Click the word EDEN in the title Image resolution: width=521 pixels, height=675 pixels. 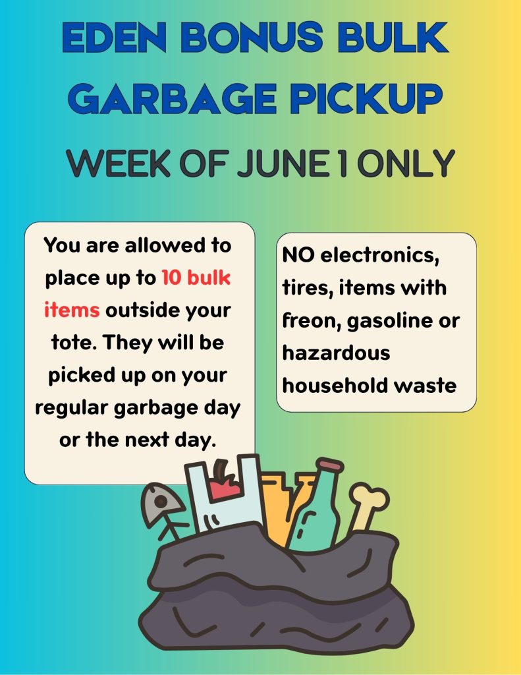(x=115, y=37)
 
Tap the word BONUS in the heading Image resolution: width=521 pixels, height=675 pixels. (x=252, y=37)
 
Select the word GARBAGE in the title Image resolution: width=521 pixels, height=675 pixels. (x=172, y=99)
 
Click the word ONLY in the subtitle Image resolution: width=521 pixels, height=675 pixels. (x=406, y=163)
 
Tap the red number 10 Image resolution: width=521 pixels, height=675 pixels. (x=171, y=278)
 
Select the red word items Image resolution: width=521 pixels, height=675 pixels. (x=72, y=310)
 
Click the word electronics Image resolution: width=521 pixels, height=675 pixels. (x=379, y=255)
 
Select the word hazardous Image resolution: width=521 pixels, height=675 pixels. (x=336, y=353)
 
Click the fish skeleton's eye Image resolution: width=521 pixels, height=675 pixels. (x=161, y=502)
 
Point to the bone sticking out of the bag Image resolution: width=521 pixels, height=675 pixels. (x=368, y=507)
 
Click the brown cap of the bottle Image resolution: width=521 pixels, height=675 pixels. (x=331, y=465)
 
